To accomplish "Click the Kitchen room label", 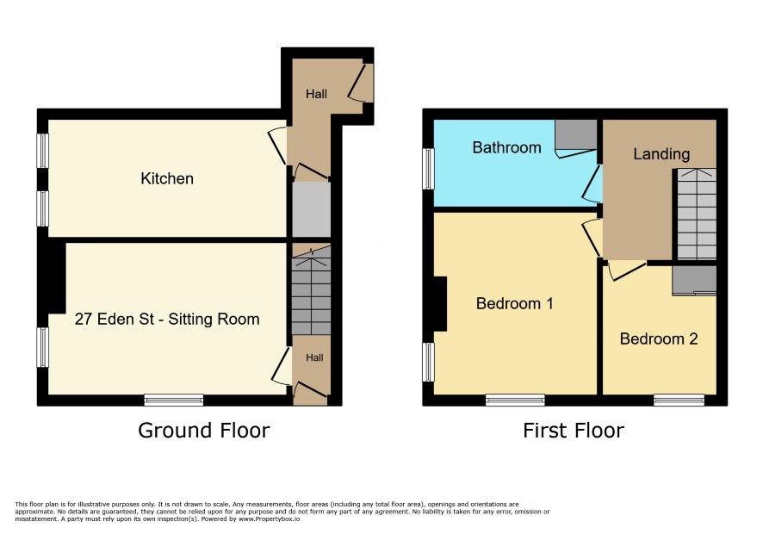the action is click(167, 178).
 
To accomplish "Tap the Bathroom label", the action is click(506, 147).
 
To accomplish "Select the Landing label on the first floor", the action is click(661, 154).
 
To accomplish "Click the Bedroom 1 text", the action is click(514, 304).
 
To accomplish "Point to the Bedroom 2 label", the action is click(659, 338).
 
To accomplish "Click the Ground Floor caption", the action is click(204, 431).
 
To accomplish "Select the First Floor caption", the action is click(574, 431).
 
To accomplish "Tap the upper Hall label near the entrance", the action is click(316, 94).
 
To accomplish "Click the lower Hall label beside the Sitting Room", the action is click(314, 357).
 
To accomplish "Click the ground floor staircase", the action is click(312, 290).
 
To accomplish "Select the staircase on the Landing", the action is click(697, 214).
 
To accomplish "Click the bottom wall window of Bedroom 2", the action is click(679, 400).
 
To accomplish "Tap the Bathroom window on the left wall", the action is click(428, 169).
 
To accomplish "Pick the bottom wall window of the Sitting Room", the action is click(174, 400).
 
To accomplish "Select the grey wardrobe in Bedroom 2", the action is click(694, 281).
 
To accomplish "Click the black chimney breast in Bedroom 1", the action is click(440, 304).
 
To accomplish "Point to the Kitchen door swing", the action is click(277, 146).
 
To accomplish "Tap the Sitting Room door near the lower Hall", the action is click(282, 366).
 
